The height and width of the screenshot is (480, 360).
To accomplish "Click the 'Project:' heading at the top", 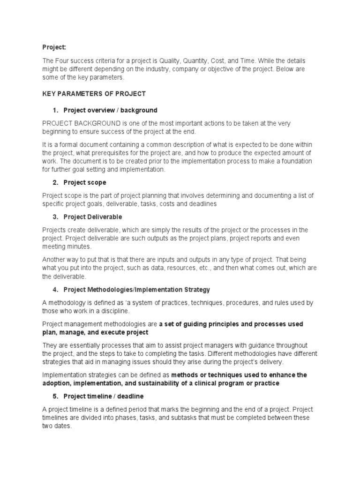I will [x=54, y=47].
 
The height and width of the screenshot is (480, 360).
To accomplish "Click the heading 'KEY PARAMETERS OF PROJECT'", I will [x=94, y=94].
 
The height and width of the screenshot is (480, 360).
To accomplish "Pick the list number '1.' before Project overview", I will [x=55, y=110].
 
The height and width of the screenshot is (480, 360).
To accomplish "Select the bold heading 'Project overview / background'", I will [x=110, y=110].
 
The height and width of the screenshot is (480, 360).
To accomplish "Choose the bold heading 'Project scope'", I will [x=85, y=182].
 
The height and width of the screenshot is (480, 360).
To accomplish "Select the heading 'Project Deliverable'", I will [x=93, y=217].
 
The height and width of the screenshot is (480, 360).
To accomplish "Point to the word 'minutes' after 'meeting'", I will [x=78, y=246].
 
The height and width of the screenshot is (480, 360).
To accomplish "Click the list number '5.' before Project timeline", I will [x=55, y=396].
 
